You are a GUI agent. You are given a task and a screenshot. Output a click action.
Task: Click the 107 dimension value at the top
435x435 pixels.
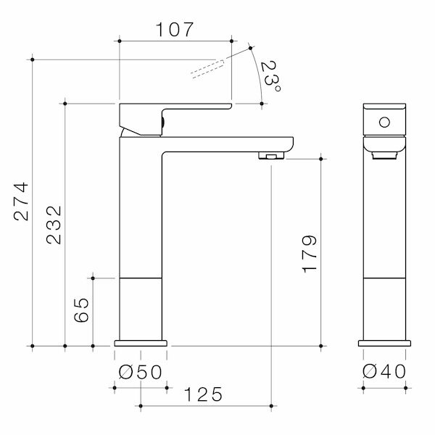pyautogui.click(x=175, y=30)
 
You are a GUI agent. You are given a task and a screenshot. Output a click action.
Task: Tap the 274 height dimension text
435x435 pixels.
pyautogui.click(x=22, y=201)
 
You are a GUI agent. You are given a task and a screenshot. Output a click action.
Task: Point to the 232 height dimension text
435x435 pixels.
pyautogui.click(x=54, y=225)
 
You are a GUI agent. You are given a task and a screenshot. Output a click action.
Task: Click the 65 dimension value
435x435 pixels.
pyautogui.click(x=82, y=310)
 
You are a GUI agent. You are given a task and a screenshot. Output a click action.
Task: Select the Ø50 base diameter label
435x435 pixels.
pyautogui.click(x=140, y=372)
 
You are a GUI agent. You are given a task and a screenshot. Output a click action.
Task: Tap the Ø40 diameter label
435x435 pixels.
pyautogui.click(x=384, y=372)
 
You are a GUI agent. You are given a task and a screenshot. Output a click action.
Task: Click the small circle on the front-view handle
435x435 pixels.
pyautogui.click(x=384, y=121)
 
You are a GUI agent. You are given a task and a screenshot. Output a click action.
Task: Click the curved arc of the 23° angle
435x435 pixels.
pyautogui.click(x=258, y=76)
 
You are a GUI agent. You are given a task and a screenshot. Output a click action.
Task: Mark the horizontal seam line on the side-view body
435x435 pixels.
pyautogui.click(x=140, y=278)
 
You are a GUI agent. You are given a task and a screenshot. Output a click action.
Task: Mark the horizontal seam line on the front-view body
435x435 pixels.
pyautogui.click(x=384, y=278)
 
